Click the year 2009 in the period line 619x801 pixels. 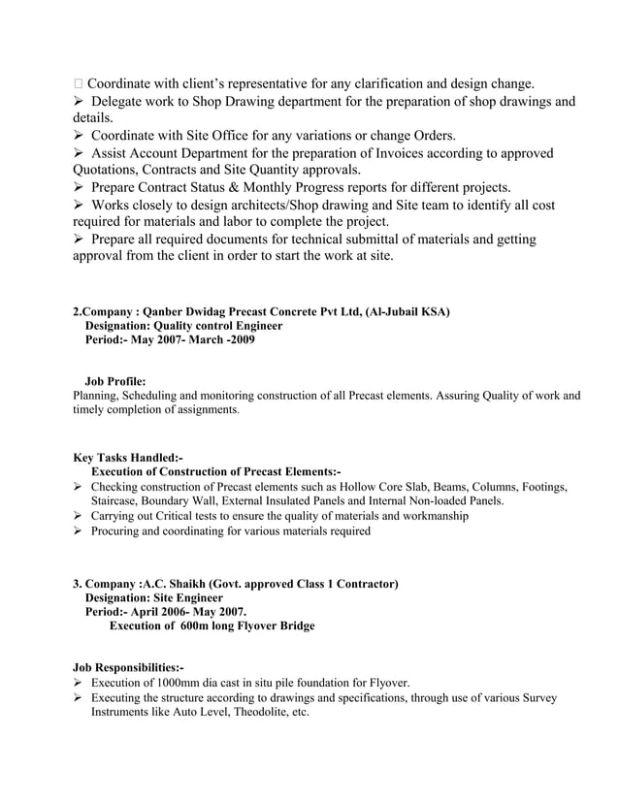(242, 341)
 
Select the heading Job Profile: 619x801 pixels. (115, 382)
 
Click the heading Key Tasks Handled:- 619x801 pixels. (128, 457)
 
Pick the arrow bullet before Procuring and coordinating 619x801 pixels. (79, 531)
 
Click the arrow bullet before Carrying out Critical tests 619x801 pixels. (79, 516)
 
